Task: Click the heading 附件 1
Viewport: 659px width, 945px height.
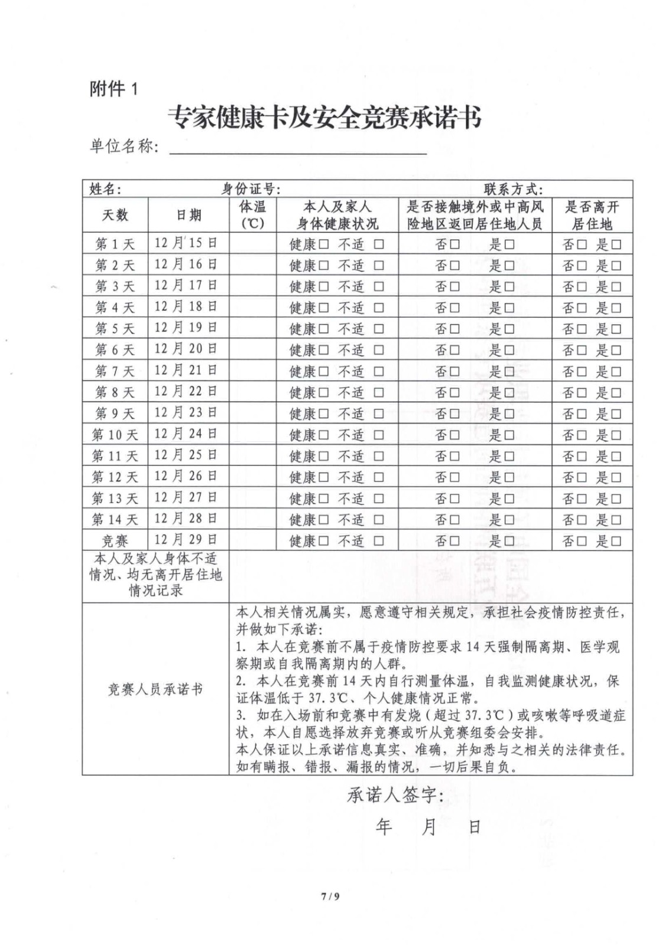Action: pyautogui.click(x=113, y=89)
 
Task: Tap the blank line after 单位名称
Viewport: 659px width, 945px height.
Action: pyautogui.click(x=298, y=147)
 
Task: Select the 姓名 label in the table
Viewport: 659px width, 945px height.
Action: pyautogui.click(x=105, y=189)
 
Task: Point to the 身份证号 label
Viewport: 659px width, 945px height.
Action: pyautogui.click(x=251, y=189)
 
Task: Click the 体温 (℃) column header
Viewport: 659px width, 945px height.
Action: pyautogui.click(x=252, y=215)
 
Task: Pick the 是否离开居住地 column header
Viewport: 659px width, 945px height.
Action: pyautogui.click(x=592, y=215)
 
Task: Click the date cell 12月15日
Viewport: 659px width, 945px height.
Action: pyautogui.click(x=186, y=243)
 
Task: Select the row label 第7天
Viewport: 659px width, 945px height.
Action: pyautogui.click(x=115, y=372)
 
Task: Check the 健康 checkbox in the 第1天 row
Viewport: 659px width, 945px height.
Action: pyautogui.click(x=324, y=245)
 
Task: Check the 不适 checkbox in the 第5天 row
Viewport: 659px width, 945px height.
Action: pyautogui.click(x=378, y=329)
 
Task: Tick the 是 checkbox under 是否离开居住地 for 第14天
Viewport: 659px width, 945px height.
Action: pyautogui.click(x=616, y=520)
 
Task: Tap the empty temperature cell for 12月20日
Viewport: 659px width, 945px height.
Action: pyautogui.click(x=252, y=349)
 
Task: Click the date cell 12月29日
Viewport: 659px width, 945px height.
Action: pyautogui.click(x=186, y=540)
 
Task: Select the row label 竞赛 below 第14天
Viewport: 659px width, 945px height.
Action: pyautogui.click(x=115, y=541)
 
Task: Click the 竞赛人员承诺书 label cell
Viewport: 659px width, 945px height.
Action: pyautogui.click(x=155, y=689)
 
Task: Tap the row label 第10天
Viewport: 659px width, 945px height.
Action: pyautogui.click(x=115, y=435)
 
